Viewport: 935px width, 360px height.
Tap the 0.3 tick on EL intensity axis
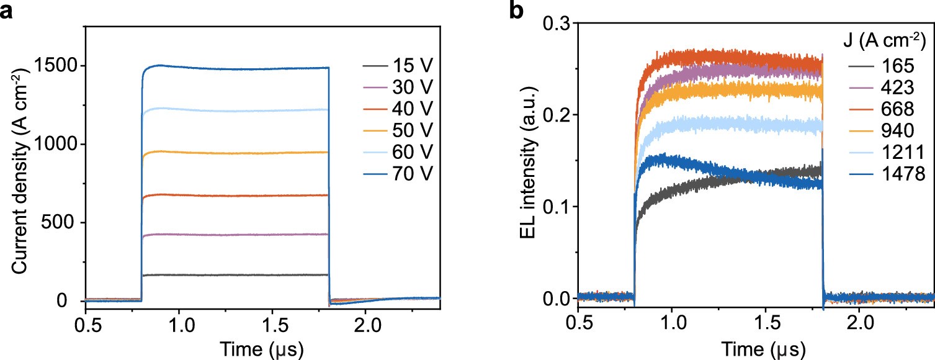click(x=557, y=23)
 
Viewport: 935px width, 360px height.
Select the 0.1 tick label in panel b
click(x=557, y=207)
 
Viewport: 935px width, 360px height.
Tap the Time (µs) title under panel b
click(x=756, y=348)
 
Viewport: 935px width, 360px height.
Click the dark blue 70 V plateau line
click(x=248, y=68)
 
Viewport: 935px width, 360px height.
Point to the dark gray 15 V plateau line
click(x=248, y=275)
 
